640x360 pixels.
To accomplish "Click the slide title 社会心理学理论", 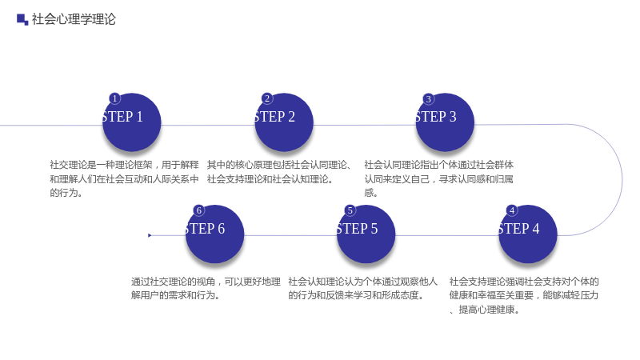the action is [x=74, y=19].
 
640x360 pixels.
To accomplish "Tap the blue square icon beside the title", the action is [x=22, y=19].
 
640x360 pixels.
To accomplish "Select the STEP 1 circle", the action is [x=131, y=122].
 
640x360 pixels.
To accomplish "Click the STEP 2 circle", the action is [x=284, y=122].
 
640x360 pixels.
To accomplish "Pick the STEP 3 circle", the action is [x=445, y=122].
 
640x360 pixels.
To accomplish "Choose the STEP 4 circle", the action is [x=528, y=234].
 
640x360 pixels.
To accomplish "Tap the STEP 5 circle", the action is [x=366, y=234].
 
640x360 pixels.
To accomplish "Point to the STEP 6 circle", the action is [x=214, y=234].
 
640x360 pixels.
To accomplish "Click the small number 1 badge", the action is [x=115, y=98].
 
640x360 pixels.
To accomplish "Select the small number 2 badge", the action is [x=267, y=98].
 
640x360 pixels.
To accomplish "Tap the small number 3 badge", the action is [x=429, y=98].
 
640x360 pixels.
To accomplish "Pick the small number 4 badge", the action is [x=512, y=210].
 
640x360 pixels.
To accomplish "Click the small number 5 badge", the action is [x=350, y=210].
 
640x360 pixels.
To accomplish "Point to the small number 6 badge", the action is [x=198, y=210].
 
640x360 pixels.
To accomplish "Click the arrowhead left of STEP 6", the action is [x=150, y=235].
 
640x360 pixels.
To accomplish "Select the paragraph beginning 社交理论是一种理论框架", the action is [x=124, y=178].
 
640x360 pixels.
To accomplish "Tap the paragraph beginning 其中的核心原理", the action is [x=279, y=172].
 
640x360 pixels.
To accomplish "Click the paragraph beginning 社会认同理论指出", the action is [x=438, y=178].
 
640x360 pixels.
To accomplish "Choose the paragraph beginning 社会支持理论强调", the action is [x=524, y=295].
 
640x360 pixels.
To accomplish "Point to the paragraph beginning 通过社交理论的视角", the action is [x=206, y=288].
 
